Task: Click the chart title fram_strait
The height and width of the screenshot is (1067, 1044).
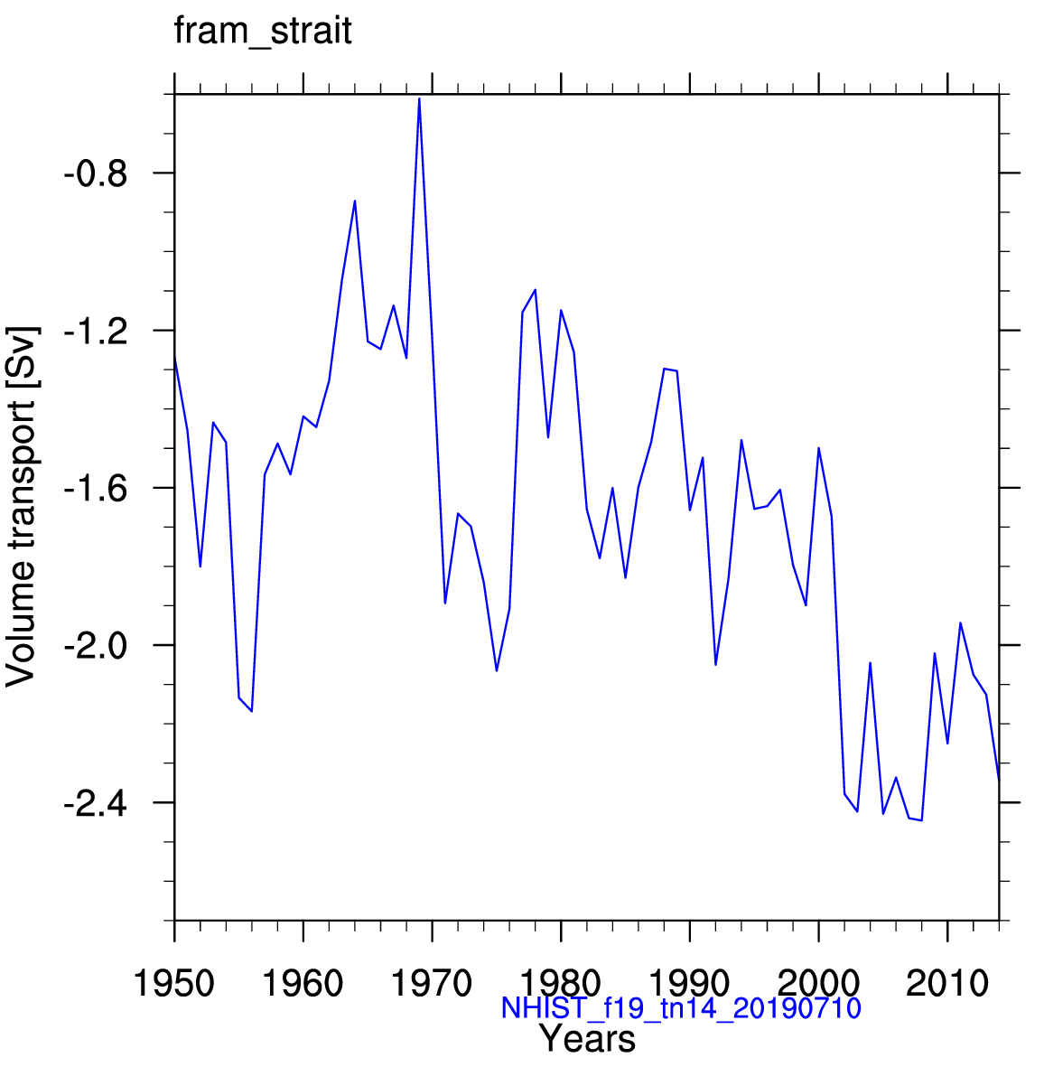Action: point(262,32)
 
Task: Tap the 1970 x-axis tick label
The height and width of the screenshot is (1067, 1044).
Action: point(432,983)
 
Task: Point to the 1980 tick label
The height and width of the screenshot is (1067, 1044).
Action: point(561,983)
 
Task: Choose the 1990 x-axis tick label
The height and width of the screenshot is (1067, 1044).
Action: point(690,983)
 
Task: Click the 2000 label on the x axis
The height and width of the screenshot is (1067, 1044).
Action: point(818,983)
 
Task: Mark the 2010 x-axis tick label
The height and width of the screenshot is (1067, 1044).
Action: point(947,983)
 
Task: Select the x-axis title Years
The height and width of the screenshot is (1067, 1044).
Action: point(588,1040)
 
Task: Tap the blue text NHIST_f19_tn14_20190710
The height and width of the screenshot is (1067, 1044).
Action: point(681,1008)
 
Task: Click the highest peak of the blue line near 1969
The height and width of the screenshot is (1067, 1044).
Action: point(419,98)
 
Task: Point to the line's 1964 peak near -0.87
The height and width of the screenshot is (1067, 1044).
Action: point(355,201)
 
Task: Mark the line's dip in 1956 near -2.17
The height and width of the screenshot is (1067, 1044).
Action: point(252,711)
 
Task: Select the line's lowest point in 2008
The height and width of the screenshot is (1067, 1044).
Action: point(921,820)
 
